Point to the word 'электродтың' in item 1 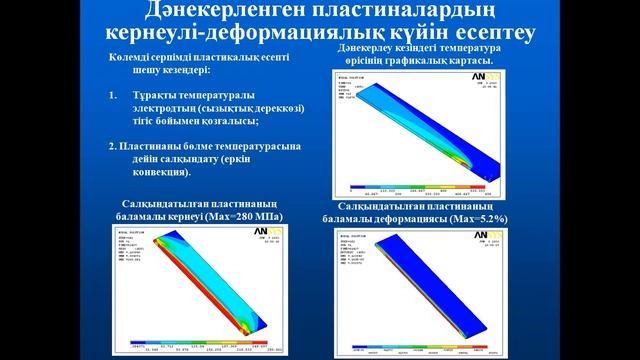pyautogui.click(x=171, y=107)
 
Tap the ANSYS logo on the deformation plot pyautogui.click(x=513, y=232)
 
